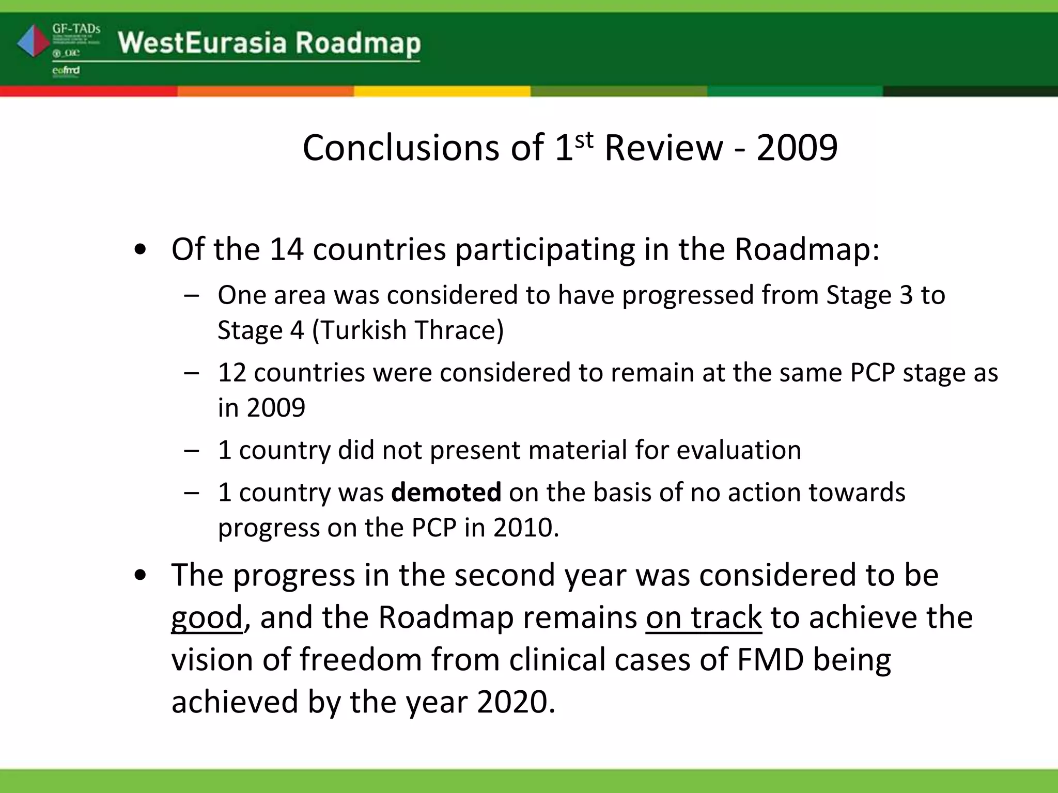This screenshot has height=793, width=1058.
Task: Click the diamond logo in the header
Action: [x=33, y=41]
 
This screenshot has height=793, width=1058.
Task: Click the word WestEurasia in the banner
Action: [x=201, y=42]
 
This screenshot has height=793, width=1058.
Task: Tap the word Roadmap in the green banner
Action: [x=358, y=43]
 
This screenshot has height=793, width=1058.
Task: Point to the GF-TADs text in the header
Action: [x=76, y=28]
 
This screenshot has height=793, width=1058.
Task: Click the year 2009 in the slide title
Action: [x=797, y=148]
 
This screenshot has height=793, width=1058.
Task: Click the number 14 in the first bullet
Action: [x=286, y=249]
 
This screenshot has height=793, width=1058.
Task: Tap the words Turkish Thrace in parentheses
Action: [x=408, y=330]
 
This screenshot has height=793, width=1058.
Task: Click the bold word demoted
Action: [x=446, y=492]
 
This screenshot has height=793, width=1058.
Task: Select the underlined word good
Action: [x=207, y=617]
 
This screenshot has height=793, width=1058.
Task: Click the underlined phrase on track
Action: [x=703, y=617]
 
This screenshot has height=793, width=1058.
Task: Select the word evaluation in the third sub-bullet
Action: [x=739, y=450]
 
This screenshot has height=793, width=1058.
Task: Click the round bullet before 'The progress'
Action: [x=140, y=576]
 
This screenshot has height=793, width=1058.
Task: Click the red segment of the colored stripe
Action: [x=88, y=91]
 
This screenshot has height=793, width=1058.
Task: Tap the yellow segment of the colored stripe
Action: [x=442, y=91]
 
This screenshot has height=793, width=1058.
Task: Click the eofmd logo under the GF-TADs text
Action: [x=66, y=71]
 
